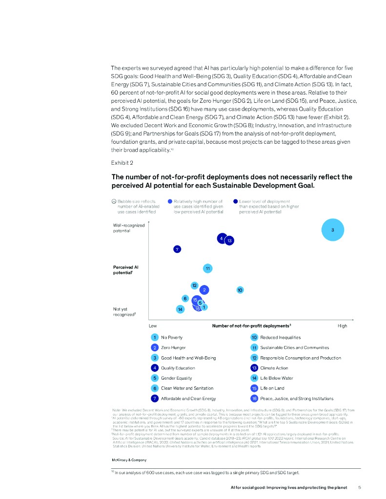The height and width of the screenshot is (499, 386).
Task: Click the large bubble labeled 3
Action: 332,230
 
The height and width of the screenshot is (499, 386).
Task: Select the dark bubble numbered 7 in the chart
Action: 178,249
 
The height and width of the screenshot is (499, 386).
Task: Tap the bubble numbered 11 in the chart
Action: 207,268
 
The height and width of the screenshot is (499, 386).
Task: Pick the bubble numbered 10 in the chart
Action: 240,290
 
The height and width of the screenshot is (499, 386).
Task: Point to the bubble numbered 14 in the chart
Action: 181,309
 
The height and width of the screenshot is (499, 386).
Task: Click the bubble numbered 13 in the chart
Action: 229,241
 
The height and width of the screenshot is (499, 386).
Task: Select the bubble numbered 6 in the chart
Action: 185,298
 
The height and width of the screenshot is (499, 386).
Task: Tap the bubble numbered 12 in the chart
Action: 194,285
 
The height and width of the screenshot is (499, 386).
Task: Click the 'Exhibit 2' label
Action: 122,162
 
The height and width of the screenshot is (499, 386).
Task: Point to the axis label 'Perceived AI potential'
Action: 126,270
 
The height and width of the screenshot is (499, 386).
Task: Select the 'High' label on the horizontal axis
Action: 342,325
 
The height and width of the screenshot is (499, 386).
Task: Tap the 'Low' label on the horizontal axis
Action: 153,325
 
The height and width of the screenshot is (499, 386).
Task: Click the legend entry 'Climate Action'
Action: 274,368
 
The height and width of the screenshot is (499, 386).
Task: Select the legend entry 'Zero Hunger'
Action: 173,347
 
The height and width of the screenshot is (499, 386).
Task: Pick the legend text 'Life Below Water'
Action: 276,378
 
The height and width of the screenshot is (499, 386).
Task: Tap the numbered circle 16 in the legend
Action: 254,399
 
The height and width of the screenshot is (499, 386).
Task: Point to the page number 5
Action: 359,487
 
